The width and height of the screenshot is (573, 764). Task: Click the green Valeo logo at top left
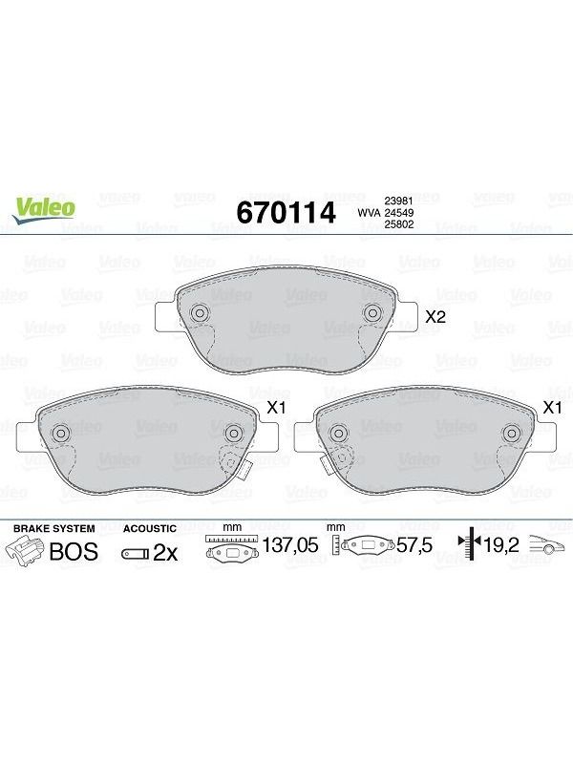[x=44, y=210]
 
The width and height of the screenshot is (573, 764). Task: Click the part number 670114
[x=286, y=212]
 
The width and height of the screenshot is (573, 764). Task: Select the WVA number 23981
[x=399, y=201]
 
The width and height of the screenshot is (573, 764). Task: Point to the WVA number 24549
[x=399, y=213]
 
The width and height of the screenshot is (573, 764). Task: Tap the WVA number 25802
[x=399, y=224]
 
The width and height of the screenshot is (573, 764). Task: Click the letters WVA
[x=369, y=213]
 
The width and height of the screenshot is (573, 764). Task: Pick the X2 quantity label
[x=435, y=317]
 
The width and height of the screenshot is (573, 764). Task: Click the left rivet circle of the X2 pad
[x=199, y=313]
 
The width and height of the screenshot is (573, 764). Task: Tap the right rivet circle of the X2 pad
[x=371, y=313]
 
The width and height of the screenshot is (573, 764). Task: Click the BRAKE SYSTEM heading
[x=54, y=529]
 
